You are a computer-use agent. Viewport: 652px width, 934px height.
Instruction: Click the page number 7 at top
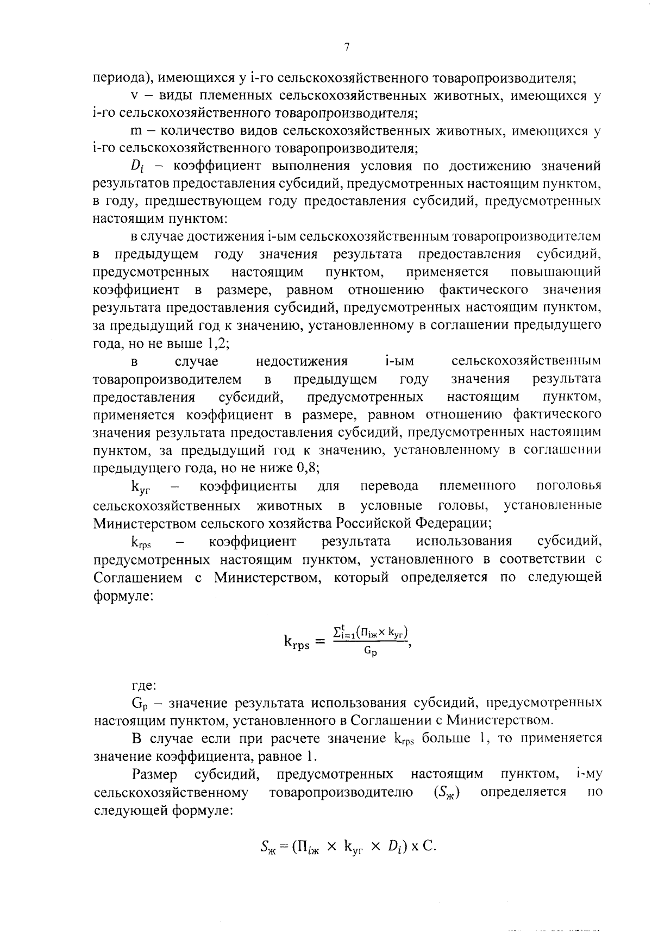(x=346, y=47)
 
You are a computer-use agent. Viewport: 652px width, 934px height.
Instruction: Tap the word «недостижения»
(x=301, y=361)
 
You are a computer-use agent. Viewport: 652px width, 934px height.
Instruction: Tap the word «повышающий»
(x=556, y=272)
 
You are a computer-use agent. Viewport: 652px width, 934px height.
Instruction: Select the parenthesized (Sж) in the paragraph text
(x=447, y=792)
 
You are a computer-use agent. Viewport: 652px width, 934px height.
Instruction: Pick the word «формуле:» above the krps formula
(x=123, y=595)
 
